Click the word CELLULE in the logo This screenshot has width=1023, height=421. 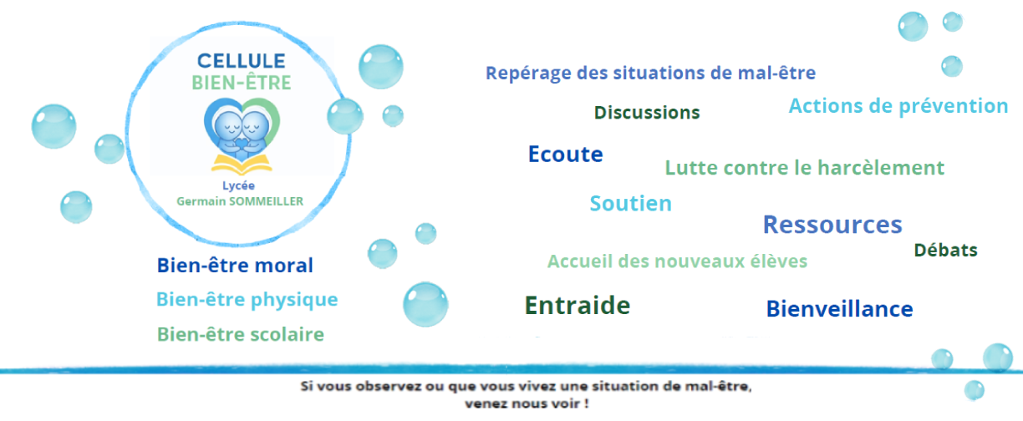[x=242, y=61]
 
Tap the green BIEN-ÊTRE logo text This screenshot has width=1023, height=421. [x=242, y=83]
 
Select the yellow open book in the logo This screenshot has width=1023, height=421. [x=242, y=165]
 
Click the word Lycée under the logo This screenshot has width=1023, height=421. [x=238, y=185]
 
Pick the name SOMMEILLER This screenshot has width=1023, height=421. [x=267, y=201]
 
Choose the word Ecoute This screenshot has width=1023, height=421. [x=565, y=154]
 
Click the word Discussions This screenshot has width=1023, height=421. [x=647, y=112]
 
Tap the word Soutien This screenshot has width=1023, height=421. [x=631, y=203]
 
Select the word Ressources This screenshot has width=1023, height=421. [x=832, y=225]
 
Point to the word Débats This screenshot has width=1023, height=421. [x=946, y=250]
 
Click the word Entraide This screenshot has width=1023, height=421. [x=578, y=305]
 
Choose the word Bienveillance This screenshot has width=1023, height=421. [x=839, y=309]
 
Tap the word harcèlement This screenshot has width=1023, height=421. [x=881, y=168]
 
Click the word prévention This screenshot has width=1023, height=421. [x=953, y=106]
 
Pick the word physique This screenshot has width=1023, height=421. [x=294, y=300]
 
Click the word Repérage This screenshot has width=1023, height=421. [x=528, y=73]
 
